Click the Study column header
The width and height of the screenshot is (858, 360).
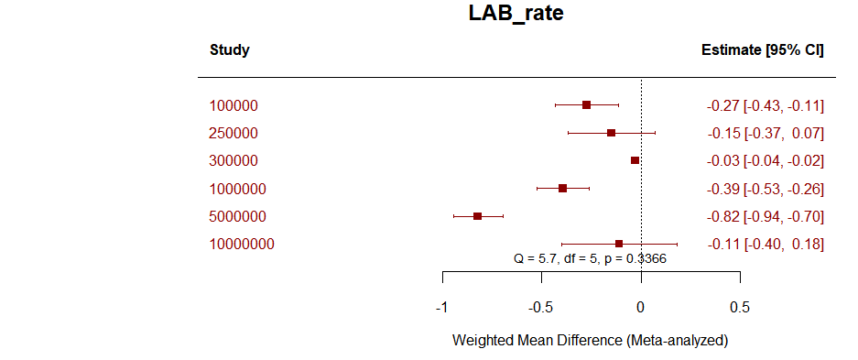coord(229,50)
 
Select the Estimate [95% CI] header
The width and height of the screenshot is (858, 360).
coord(762,50)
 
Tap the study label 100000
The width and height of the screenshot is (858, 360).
coord(234,106)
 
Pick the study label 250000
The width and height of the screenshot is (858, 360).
coord(234,134)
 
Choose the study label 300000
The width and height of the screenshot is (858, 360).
coord(234,161)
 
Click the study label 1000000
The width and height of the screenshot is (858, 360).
coord(237,189)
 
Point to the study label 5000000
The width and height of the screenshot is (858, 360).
coord(237,217)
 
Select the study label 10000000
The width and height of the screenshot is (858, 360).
coord(242,245)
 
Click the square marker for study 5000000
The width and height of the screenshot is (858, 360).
coord(478,216)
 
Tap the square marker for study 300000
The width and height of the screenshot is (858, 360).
coord(635,160)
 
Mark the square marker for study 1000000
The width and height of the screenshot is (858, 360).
coord(562,188)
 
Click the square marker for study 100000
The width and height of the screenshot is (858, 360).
coord(587,105)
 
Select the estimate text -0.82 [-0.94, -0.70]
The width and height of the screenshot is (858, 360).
coord(765,217)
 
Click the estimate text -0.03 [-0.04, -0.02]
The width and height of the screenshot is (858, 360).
coord(765,161)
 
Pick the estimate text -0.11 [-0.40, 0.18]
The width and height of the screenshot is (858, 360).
coord(765,245)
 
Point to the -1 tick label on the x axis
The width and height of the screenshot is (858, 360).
coord(441,306)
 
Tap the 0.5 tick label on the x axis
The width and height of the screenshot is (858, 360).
coord(740,306)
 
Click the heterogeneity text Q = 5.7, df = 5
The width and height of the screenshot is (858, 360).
coord(590,259)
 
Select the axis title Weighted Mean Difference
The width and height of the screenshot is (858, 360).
coord(590,340)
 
